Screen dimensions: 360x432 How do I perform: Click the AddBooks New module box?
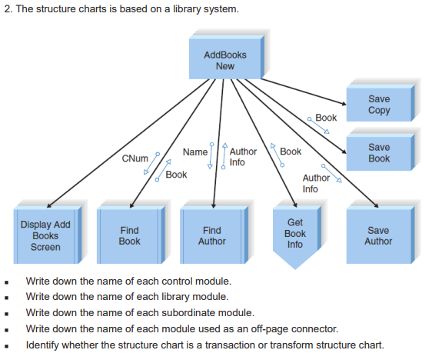click(x=224, y=60)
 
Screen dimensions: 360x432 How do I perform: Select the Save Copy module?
click(x=378, y=105)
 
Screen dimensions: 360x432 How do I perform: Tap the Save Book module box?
click(x=378, y=152)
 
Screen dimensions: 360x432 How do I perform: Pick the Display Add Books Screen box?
click(x=45, y=235)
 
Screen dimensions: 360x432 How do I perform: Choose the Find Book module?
click(x=129, y=235)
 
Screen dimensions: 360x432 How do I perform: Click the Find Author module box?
click(x=211, y=235)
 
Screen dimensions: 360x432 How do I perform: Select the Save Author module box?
click(x=378, y=235)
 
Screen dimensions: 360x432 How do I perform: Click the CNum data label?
click(x=135, y=158)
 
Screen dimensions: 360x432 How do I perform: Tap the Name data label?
click(x=194, y=152)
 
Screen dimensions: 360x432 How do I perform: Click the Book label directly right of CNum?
click(x=176, y=175)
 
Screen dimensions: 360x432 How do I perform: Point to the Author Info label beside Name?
click(x=243, y=157)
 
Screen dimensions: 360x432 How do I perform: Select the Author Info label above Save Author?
click(x=315, y=183)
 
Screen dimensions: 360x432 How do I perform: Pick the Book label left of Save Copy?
click(x=326, y=118)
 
